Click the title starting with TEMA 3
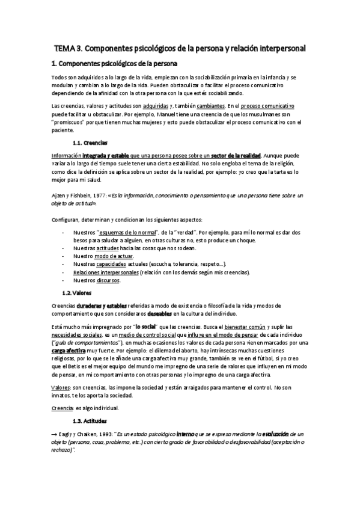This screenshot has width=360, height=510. [180, 47]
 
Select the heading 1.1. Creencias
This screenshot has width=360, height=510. [90, 143]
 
